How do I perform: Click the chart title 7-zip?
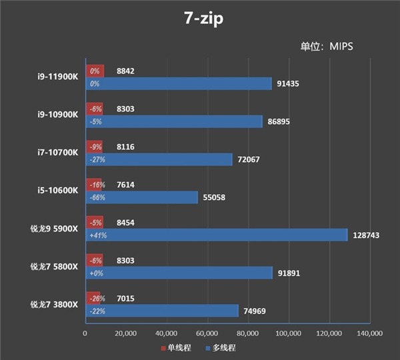coord(200,19)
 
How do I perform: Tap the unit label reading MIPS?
coord(327,47)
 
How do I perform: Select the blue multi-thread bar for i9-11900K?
coord(179,84)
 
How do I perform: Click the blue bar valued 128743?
coord(217,235)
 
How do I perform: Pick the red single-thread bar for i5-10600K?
coord(94,183)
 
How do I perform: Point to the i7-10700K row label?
coord(59,152)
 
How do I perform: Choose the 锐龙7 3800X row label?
coord(54,304)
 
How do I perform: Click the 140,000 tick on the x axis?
coord(369,333)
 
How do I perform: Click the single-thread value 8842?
coord(126,70)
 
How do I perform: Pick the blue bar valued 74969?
coord(162,311)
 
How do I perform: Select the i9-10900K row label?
coord(59,114)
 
